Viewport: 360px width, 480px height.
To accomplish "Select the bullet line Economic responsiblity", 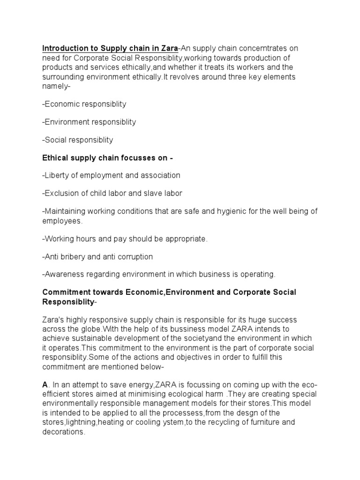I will [x=84, y=104].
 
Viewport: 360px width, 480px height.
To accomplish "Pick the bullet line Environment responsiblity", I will [x=89, y=122].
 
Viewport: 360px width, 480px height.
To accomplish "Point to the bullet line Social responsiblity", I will [x=78, y=140].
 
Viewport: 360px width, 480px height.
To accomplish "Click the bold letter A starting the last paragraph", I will [x=45, y=385].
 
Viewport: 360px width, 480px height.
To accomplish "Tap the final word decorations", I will [x=63, y=432].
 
